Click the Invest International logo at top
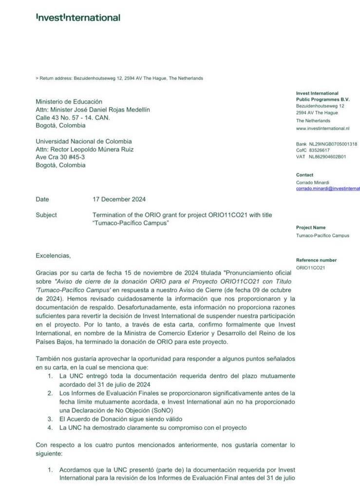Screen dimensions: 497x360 pos(78,18)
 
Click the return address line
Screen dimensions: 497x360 pos(119,78)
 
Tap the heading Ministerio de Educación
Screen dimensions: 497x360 pos(69,102)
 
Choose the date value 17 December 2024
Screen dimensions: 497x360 pos(119,199)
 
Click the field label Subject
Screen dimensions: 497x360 pos(46,215)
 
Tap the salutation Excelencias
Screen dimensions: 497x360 pos(53,255)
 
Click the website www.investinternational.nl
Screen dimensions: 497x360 pos(322,128)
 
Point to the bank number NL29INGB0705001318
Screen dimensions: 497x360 pos(333,144)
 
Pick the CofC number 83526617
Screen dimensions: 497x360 pos(319,151)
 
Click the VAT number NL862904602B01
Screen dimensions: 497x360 pos(327,157)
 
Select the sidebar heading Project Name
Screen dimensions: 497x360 pos(311,228)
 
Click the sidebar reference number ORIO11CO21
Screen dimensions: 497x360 pos(310,268)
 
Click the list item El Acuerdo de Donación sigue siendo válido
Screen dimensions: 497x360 pos(121,419)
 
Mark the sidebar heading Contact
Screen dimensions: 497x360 pos(304,175)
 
